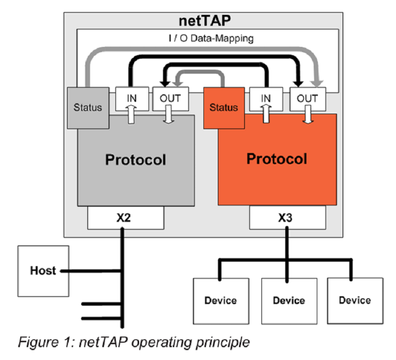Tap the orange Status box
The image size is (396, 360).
tap(223, 107)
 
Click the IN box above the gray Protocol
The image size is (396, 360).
tap(132, 98)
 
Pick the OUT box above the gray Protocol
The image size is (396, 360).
tap(170, 98)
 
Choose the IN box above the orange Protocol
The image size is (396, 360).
tap(266, 98)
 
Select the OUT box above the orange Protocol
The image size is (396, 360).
tap(307, 98)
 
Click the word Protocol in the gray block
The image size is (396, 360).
tap(135, 160)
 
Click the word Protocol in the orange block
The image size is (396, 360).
tap(277, 159)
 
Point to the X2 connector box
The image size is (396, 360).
tap(126, 218)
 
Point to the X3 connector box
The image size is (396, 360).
tap(287, 218)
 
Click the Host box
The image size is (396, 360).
tap(43, 270)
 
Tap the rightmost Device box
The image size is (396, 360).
tap(355, 300)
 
